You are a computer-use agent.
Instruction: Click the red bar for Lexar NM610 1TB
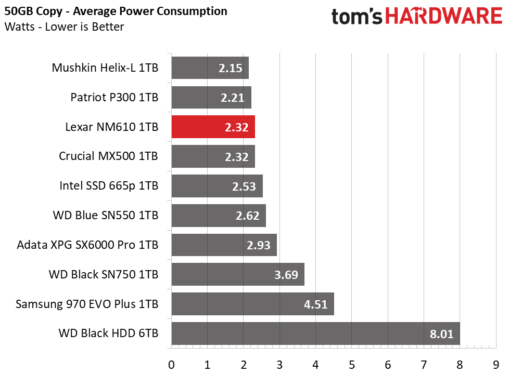[x=213, y=127]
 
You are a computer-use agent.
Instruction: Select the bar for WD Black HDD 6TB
[x=316, y=333]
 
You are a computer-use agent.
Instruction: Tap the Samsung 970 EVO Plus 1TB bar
[x=253, y=304]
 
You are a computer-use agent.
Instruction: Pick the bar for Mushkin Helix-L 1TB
[x=210, y=68]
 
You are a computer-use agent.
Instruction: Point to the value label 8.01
[x=441, y=334]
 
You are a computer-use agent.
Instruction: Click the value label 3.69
[x=286, y=275]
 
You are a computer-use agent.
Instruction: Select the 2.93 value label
[x=258, y=245]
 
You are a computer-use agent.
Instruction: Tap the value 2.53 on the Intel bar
[x=244, y=186]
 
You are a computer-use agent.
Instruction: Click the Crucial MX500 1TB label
[x=108, y=156]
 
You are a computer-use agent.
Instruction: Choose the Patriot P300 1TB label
[x=114, y=97]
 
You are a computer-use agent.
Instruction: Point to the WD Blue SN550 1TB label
[x=106, y=215]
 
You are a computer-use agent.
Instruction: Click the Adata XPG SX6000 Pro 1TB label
[x=87, y=245]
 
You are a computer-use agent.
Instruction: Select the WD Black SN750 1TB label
[x=104, y=274]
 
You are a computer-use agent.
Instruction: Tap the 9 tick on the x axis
[x=495, y=365]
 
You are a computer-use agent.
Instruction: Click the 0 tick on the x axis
[x=171, y=365]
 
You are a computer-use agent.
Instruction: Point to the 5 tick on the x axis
[x=351, y=365]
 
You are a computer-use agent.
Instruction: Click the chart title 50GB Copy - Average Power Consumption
[x=116, y=11]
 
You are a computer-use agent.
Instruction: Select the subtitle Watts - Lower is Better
[x=64, y=26]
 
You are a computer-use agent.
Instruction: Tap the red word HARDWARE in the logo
[x=444, y=16]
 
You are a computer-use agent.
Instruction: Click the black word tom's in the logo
[x=357, y=17]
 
